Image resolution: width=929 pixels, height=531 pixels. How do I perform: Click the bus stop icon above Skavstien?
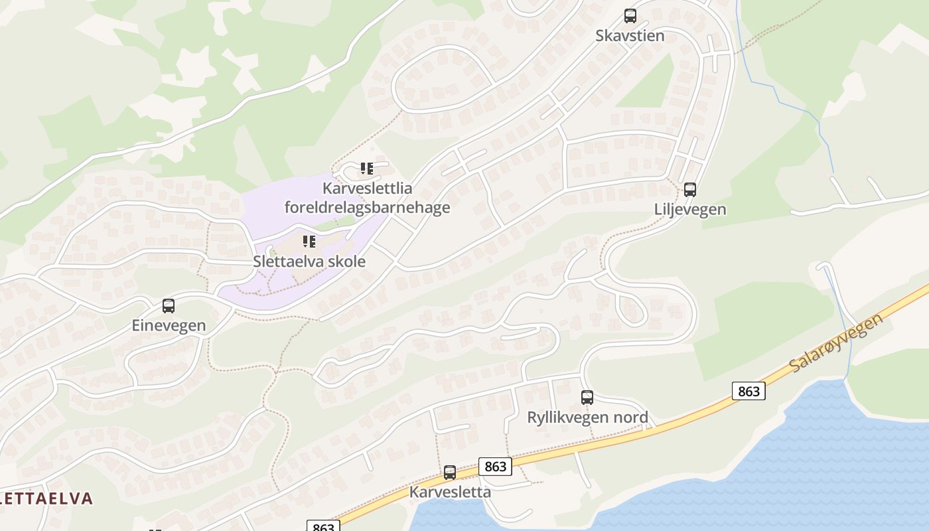pos(630,16)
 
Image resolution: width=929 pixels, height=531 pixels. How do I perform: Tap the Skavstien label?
pos(630,36)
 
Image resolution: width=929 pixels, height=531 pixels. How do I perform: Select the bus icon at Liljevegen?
pos(690,190)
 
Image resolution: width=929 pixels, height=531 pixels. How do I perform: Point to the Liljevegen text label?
pos(690,210)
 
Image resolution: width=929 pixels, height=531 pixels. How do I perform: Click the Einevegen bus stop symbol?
pos(169,306)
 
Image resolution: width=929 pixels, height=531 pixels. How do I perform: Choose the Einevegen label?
pos(169,326)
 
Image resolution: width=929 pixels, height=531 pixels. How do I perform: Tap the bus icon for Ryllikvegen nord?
pos(587,398)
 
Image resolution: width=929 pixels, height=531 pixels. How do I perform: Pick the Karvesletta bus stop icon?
pos(450,473)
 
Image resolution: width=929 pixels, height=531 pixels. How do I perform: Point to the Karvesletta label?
pos(450,493)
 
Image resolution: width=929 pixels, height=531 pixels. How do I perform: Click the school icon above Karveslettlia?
pos(367,169)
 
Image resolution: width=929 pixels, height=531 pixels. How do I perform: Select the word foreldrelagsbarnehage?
pos(367,208)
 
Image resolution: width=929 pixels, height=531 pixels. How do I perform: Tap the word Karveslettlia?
pos(367,189)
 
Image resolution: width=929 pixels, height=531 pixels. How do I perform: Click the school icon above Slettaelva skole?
pos(309,242)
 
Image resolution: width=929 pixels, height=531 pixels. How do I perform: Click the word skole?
pos(344,262)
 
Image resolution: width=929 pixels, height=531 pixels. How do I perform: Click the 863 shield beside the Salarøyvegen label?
pos(749,391)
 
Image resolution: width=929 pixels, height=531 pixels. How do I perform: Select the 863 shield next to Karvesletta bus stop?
pos(495,467)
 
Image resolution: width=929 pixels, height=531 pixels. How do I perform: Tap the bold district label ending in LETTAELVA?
pos(46,498)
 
